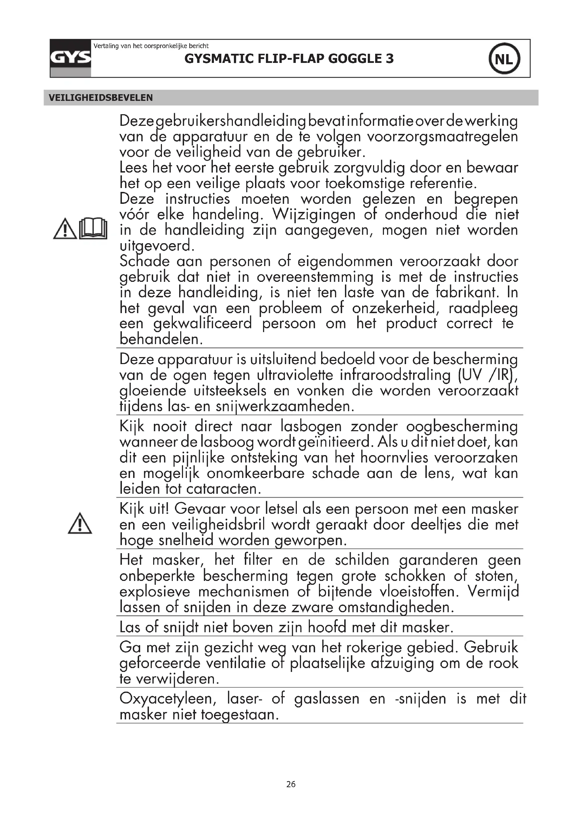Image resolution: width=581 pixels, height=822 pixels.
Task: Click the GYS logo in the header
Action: [x=71, y=58]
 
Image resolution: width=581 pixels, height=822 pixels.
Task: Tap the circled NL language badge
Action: [x=504, y=59]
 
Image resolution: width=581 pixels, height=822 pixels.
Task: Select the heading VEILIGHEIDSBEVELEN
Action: [x=100, y=98]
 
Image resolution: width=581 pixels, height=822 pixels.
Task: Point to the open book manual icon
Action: [x=93, y=228]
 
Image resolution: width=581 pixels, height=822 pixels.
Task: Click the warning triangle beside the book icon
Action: [x=65, y=229]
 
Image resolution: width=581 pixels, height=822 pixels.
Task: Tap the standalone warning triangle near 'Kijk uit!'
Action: [x=80, y=523]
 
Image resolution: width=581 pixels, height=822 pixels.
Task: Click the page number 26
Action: [x=291, y=784]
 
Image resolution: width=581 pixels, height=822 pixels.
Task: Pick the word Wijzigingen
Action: [x=314, y=214]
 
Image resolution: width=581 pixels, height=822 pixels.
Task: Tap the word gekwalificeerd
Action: [x=203, y=324]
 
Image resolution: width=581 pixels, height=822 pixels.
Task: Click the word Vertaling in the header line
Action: [x=106, y=46]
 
